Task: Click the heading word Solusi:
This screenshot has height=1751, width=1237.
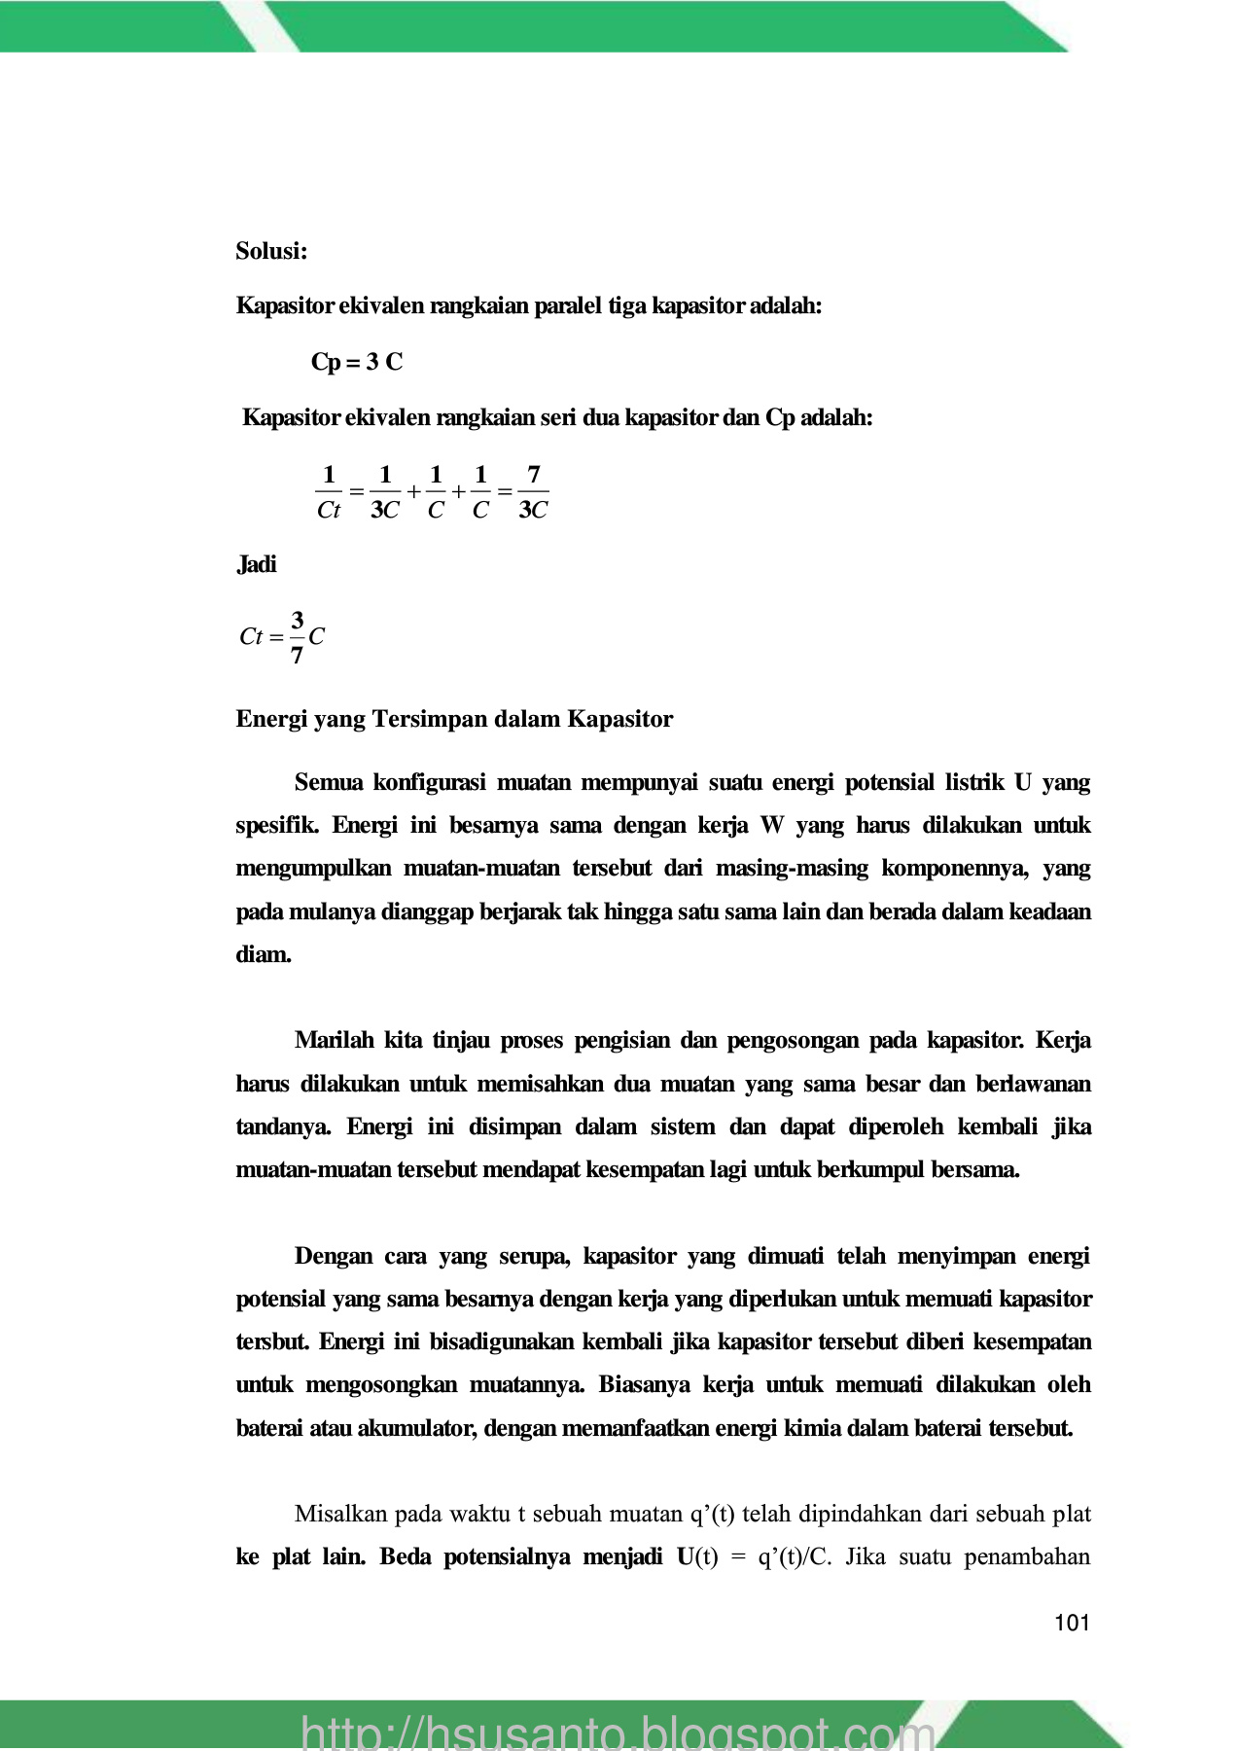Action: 271,251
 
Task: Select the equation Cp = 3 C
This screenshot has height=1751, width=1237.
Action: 357,362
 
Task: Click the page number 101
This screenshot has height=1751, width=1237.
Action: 1072,1623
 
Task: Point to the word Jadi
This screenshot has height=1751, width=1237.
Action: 257,564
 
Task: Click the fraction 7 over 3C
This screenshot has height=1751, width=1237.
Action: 533,492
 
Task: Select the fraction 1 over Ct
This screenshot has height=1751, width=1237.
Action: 329,492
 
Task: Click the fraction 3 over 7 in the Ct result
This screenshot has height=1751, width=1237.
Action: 297,637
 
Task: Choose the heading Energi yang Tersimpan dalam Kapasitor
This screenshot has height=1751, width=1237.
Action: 454,719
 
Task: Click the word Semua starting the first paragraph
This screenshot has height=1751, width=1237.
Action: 328,782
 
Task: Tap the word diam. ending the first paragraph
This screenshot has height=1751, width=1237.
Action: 264,954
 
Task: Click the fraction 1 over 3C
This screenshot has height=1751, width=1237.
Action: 385,492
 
